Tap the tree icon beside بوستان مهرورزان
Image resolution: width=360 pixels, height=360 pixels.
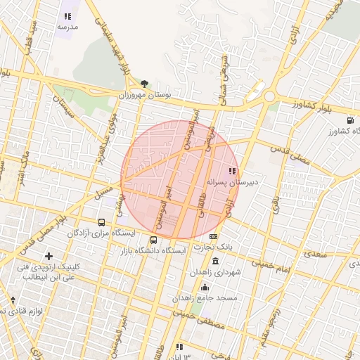[144, 84]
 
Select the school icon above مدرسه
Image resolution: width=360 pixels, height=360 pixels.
[67, 16]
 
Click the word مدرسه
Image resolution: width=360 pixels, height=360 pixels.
[67, 26]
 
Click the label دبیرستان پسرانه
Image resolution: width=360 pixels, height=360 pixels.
[232, 181]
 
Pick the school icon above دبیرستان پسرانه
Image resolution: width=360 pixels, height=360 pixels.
[232, 171]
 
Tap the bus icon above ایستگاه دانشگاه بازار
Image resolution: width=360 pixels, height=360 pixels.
[154, 240]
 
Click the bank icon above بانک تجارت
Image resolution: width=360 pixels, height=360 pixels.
[214, 237]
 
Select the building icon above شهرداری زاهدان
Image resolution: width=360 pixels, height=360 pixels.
[214, 262]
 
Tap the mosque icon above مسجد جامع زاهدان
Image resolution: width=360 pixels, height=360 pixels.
[205, 287]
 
